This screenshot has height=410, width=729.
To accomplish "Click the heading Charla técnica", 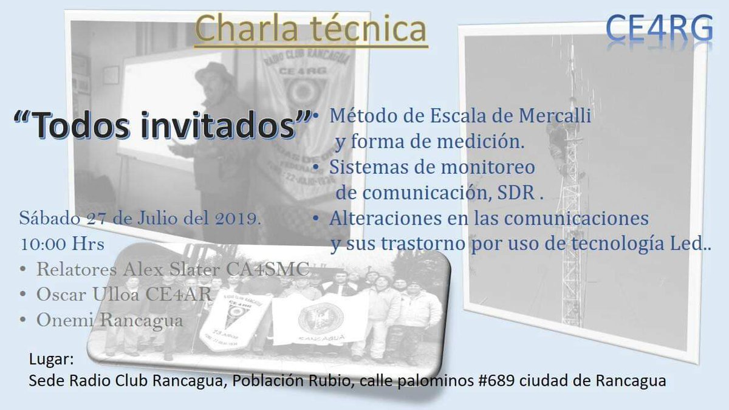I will pyautogui.click(x=311, y=29).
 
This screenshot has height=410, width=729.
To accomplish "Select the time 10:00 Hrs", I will pyautogui.click(x=63, y=244).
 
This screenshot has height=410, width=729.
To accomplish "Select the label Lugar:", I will pyautogui.click(x=52, y=359).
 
